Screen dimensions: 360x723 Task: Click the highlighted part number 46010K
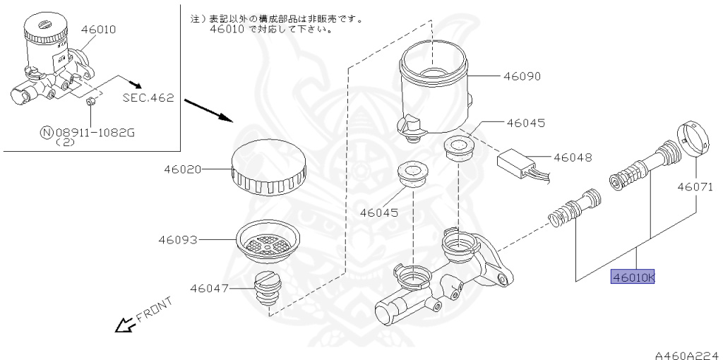coord(633,277)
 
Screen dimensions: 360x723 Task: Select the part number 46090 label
coord(522,76)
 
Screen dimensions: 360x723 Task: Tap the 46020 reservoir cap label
coord(183,169)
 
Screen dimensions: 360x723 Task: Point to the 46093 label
coord(177,240)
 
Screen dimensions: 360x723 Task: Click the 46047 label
coord(209,288)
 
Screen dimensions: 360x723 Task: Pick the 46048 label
coord(572,157)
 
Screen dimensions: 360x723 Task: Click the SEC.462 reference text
coord(148,98)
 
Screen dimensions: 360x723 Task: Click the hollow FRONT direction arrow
coord(126,325)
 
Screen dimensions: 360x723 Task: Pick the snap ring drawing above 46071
coord(691,138)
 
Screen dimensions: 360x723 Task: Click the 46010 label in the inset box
coord(98,30)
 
